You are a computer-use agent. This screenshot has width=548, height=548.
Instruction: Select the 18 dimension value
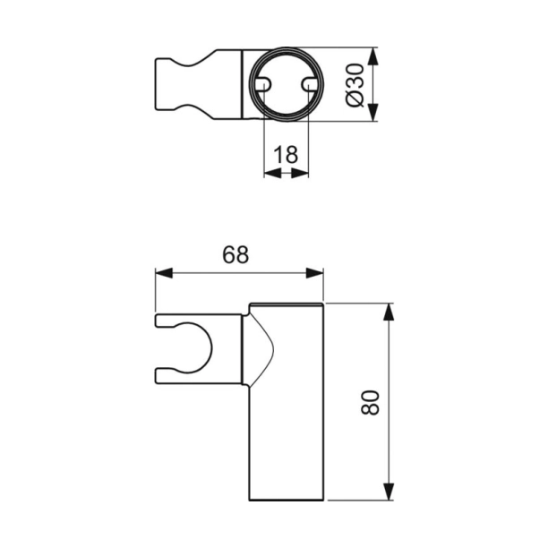coord(286,154)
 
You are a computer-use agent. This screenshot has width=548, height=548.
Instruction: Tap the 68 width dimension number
coord(235,254)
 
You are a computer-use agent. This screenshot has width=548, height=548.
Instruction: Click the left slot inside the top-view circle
coord(263,83)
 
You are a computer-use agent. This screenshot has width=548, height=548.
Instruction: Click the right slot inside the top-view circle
coord(309,83)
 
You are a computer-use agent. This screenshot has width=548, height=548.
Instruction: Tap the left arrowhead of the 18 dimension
coord(270,173)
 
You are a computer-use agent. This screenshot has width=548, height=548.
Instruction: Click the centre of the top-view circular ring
coord(286,84)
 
